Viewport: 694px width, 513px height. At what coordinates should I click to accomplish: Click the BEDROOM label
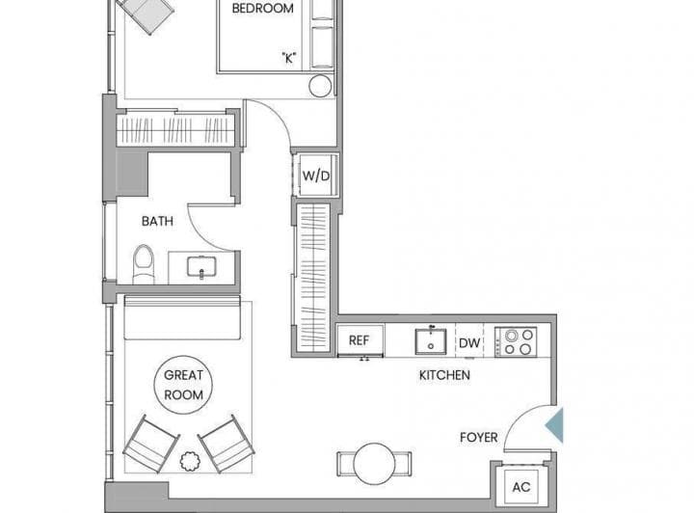coord(262,9)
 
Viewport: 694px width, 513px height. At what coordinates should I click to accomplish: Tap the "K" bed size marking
coord(288,58)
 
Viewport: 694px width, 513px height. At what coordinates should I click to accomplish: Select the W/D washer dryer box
coord(316,175)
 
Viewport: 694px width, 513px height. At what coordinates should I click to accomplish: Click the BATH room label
coord(157,221)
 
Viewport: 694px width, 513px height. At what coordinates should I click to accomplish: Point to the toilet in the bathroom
coord(144,264)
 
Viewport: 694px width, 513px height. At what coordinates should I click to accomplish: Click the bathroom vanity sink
coord(201,267)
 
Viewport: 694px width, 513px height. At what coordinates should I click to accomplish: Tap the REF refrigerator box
coord(360,340)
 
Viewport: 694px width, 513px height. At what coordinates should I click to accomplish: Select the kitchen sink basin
coord(431,341)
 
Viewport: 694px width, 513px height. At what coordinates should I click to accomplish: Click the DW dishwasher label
coord(469,342)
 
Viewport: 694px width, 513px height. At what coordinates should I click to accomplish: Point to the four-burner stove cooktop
coord(516,341)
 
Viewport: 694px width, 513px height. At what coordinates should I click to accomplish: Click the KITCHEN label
coord(444,375)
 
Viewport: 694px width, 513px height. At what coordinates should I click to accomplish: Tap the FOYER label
coord(478,438)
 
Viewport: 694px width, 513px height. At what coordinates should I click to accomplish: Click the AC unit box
coord(521,487)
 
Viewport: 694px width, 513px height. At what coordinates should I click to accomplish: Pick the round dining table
coord(374,464)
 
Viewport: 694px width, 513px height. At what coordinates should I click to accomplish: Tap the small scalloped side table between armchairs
coord(190,461)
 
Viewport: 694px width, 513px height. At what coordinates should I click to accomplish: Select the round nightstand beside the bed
coord(320,86)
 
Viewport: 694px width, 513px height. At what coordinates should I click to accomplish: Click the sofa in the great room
coord(182,318)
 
